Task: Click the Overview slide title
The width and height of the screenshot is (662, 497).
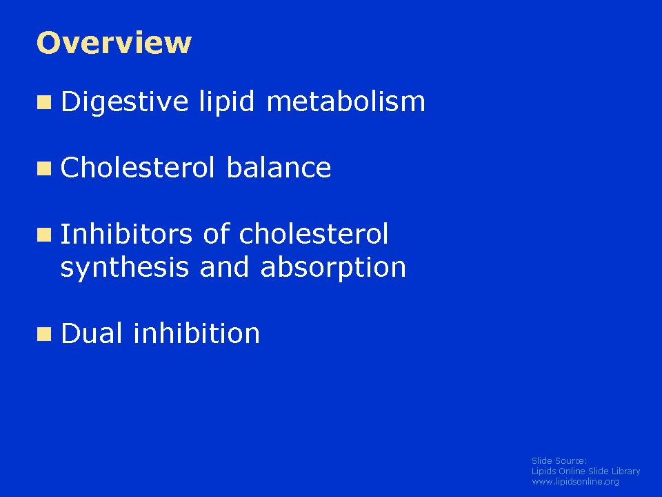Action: (114, 43)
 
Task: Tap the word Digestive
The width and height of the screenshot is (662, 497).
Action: (125, 102)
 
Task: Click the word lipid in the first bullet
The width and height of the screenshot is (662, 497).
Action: (227, 102)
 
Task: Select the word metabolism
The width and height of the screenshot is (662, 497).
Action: (345, 101)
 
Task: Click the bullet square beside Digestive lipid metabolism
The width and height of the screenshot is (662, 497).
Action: (44, 102)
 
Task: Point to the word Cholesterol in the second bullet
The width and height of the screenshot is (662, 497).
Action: (138, 167)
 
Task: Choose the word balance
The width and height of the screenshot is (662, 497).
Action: (279, 167)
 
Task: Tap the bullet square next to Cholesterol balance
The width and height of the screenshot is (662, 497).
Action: (44, 168)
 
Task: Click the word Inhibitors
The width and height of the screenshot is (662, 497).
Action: (126, 233)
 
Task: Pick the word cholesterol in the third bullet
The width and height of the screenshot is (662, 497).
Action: (313, 233)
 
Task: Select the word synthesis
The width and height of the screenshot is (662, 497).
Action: (125, 268)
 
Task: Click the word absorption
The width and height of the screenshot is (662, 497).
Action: (333, 268)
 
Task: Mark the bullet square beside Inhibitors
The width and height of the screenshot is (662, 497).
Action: (44, 235)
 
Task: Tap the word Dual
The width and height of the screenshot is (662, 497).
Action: (92, 333)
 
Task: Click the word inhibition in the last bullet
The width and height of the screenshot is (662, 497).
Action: (197, 333)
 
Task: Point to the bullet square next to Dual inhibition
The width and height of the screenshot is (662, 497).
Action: (44, 334)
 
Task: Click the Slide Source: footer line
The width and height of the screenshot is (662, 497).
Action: (559, 460)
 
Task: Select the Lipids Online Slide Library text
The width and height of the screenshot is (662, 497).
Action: (585, 471)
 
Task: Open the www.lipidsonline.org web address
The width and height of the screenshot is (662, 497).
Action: (575, 481)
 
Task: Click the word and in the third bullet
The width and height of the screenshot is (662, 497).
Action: (224, 267)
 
